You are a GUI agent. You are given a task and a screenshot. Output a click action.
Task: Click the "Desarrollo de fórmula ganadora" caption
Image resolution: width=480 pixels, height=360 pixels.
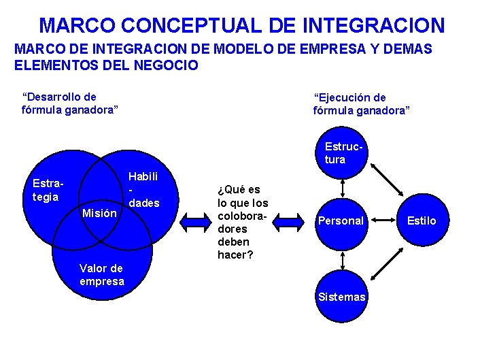[71, 103]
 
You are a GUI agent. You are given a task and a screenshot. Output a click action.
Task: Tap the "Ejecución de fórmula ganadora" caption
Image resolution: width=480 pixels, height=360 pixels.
[361, 104]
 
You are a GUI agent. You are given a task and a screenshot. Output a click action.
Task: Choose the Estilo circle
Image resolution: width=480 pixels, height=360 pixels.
[422, 220]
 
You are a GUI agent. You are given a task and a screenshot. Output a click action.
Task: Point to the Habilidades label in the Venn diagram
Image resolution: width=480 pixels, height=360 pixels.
[143, 190]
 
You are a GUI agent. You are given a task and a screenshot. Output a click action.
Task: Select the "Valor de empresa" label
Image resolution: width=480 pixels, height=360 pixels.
[102, 275]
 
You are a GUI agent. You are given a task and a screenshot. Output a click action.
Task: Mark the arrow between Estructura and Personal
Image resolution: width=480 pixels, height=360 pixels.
[343, 186]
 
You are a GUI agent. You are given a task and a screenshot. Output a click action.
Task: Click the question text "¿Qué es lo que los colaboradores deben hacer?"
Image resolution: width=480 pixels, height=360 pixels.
[242, 222]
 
